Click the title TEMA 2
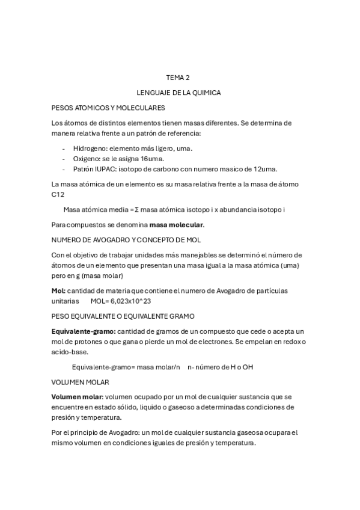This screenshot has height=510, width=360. [177, 78]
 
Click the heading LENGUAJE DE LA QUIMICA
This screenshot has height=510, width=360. [178, 93]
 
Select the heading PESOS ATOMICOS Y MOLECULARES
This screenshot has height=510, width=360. [108, 108]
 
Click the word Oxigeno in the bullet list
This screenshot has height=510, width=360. [87, 158]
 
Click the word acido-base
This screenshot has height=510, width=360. [70, 352]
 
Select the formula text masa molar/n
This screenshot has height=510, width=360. [159, 367]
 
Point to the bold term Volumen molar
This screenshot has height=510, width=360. [77, 398]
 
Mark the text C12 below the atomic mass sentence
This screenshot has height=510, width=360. [58, 194]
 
